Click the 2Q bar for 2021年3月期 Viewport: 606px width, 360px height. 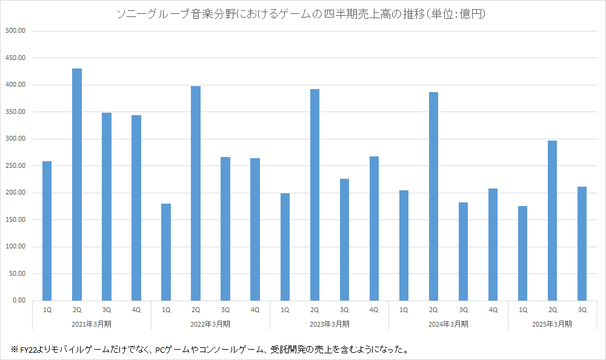pyautogui.click(x=77, y=184)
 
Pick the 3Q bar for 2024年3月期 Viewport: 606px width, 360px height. pyautogui.click(x=463, y=251)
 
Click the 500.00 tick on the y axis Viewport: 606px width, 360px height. pyautogui.click(x=15, y=31)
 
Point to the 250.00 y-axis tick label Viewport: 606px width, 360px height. pyautogui.click(x=15, y=165)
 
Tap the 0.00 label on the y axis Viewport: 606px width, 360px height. pyautogui.click(x=18, y=301)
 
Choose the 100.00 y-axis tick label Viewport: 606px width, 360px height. pyautogui.click(x=15, y=247)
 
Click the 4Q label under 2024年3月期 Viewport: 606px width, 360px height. pyautogui.click(x=493, y=310)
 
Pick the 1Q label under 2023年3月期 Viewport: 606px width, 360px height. pyautogui.click(x=285, y=310)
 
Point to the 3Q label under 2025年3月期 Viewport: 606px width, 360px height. pyautogui.click(x=582, y=310)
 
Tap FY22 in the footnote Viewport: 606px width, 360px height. pyautogui.click(x=29, y=349)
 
